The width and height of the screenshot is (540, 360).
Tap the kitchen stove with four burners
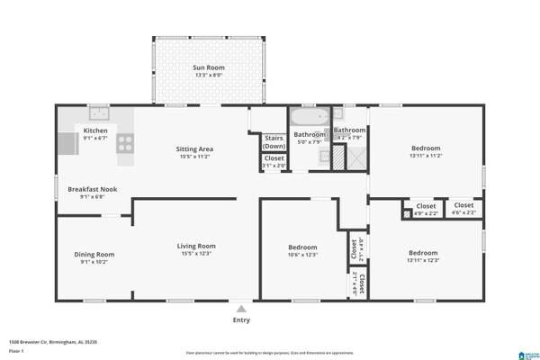[x=126, y=141]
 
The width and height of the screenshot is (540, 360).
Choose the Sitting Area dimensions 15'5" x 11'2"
[x=193, y=157]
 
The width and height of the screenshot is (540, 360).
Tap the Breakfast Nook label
[x=93, y=189]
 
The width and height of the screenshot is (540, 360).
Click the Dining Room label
[x=94, y=254]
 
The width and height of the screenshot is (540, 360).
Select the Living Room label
[x=195, y=246]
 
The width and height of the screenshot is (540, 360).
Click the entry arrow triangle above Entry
[x=241, y=308]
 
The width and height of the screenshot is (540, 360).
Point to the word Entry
[x=241, y=319]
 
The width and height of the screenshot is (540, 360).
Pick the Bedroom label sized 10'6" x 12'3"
[x=302, y=247]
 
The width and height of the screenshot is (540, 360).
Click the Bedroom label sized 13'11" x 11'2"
[x=426, y=148]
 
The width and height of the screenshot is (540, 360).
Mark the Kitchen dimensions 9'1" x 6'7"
[x=96, y=139]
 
